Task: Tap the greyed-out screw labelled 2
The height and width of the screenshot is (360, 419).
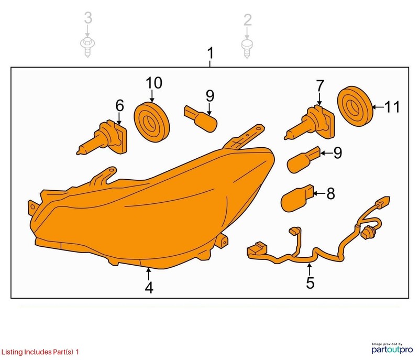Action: pos(247,49)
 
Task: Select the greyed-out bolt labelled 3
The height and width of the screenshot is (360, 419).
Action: pos(87,47)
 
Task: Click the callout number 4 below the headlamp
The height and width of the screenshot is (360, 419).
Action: pos(149,288)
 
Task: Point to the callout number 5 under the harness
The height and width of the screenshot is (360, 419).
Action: pos(310,283)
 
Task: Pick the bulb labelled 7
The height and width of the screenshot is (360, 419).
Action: pos(311,123)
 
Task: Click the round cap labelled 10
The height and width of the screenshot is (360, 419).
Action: pos(151,122)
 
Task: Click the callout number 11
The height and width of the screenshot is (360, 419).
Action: pos(392,107)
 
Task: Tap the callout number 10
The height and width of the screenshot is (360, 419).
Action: pos(154,83)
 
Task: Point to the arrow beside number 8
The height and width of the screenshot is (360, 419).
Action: pos(319,193)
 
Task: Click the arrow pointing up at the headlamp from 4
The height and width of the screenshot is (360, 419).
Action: pos(149,274)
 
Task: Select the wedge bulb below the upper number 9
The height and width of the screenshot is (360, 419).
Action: pos(201,118)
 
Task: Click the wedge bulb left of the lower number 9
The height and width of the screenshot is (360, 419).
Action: pos(304,160)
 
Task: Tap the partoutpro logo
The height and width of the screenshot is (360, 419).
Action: pos(392,349)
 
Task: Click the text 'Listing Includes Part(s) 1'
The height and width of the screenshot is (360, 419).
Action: pos(40,352)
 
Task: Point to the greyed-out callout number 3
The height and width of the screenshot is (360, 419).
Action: pos(88,18)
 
